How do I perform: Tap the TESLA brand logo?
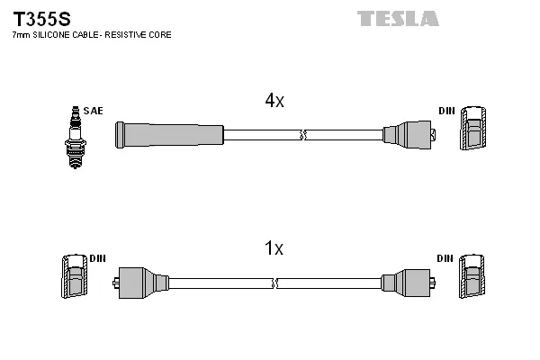pos(398,18)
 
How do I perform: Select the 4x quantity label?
pos(274,102)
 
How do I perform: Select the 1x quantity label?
pos(274,248)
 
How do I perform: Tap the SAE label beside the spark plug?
pos(93,111)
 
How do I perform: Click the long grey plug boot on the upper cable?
pos(169,135)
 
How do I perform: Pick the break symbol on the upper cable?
pos(303,135)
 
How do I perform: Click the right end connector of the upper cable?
pos(409,135)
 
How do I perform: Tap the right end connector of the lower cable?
pos(409,282)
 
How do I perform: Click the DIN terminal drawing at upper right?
pos(475,131)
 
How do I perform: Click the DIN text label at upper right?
pos(446,111)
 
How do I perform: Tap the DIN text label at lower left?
pos(97,258)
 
